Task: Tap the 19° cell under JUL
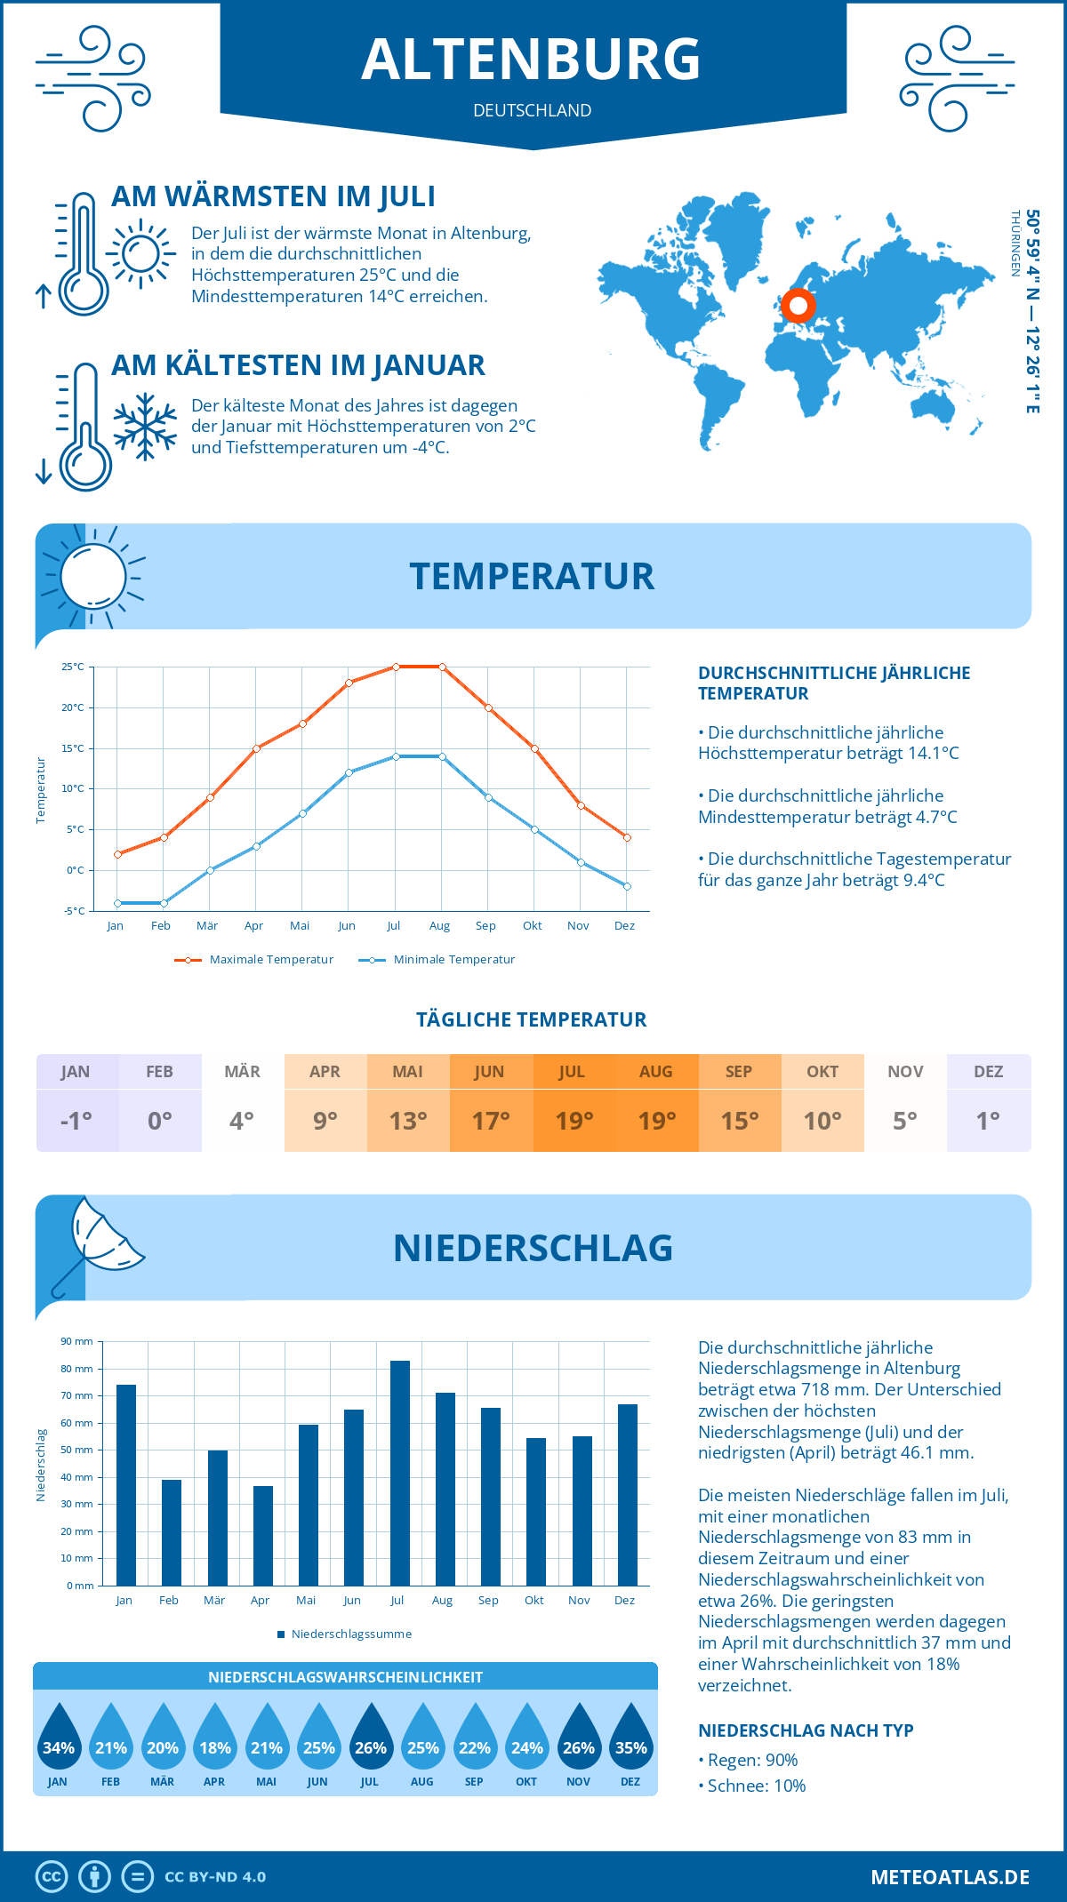pyautogui.click(x=574, y=1121)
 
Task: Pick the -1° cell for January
pyautogui.click(x=76, y=1121)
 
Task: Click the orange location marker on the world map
pyautogui.click(x=798, y=306)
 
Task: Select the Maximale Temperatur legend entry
pyautogui.click(x=254, y=960)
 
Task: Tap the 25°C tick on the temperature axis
pyautogui.click(x=73, y=667)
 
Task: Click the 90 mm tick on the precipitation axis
pyautogui.click(x=77, y=1341)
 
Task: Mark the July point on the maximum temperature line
pyautogui.click(x=396, y=667)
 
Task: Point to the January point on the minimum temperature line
pyautogui.click(x=117, y=903)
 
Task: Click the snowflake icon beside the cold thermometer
pyautogui.click(x=145, y=427)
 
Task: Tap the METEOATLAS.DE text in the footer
pyautogui.click(x=950, y=1877)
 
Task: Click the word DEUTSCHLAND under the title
pyautogui.click(x=533, y=110)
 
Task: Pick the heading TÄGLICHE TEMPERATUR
pyautogui.click(x=532, y=1019)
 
